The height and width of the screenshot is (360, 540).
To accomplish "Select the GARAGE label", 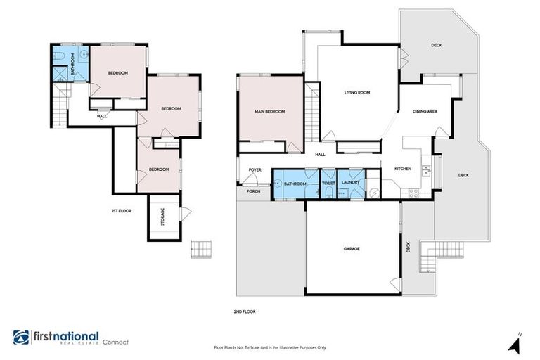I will (x=352, y=248).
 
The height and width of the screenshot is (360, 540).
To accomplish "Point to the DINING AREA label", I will (x=425, y=112).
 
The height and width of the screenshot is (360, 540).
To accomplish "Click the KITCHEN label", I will (x=402, y=169).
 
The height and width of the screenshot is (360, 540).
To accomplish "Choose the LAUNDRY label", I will (x=351, y=184).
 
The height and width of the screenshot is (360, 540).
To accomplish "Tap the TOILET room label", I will (x=328, y=184).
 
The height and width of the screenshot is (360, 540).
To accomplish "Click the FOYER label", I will (x=255, y=169).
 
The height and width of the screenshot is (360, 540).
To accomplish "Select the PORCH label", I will (x=253, y=191).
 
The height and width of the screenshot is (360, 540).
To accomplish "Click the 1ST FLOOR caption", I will (x=121, y=210).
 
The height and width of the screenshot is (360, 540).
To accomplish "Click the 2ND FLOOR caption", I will (x=245, y=311).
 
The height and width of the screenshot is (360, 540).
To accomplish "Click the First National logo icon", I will (x=21, y=337).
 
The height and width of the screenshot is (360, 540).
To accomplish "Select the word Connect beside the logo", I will (x=115, y=342).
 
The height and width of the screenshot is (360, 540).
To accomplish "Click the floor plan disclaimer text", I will (x=270, y=347).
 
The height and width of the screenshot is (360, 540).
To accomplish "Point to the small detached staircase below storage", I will (x=200, y=249).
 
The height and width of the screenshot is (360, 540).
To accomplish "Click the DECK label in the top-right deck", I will (x=436, y=46).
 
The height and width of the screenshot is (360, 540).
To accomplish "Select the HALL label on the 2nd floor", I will (x=320, y=155).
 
